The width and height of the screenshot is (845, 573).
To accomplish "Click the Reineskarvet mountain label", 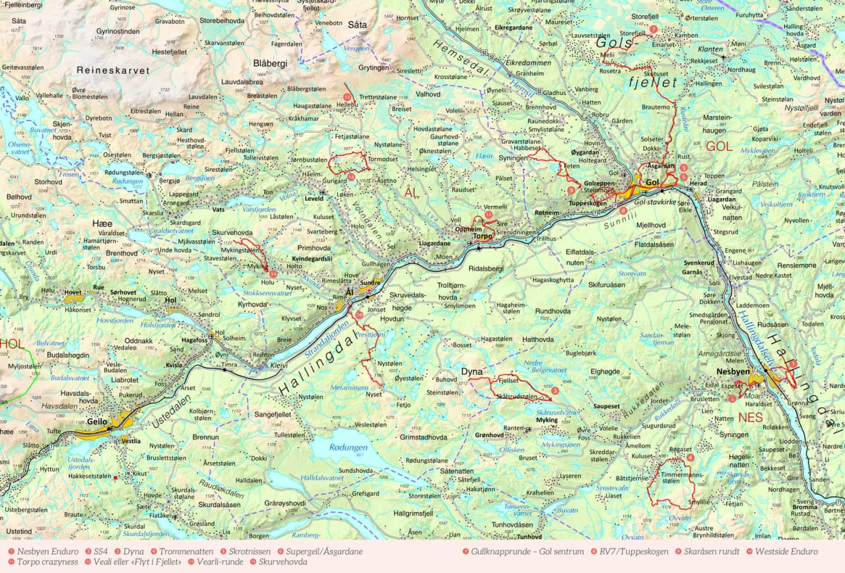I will (x=112, y=70).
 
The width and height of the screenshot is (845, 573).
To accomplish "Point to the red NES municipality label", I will (x=751, y=417).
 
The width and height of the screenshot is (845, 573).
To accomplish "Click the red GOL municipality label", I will (x=719, y=147).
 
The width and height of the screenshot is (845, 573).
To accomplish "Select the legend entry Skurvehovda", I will (x=283, y=562).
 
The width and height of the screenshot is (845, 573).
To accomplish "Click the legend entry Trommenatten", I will (x=186, y=551).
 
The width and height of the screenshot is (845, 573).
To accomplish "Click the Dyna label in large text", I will (x=472, y=372).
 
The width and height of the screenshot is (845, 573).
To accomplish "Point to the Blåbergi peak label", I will (x=270, y=63).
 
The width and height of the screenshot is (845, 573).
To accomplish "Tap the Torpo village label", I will (x=483, y=236).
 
